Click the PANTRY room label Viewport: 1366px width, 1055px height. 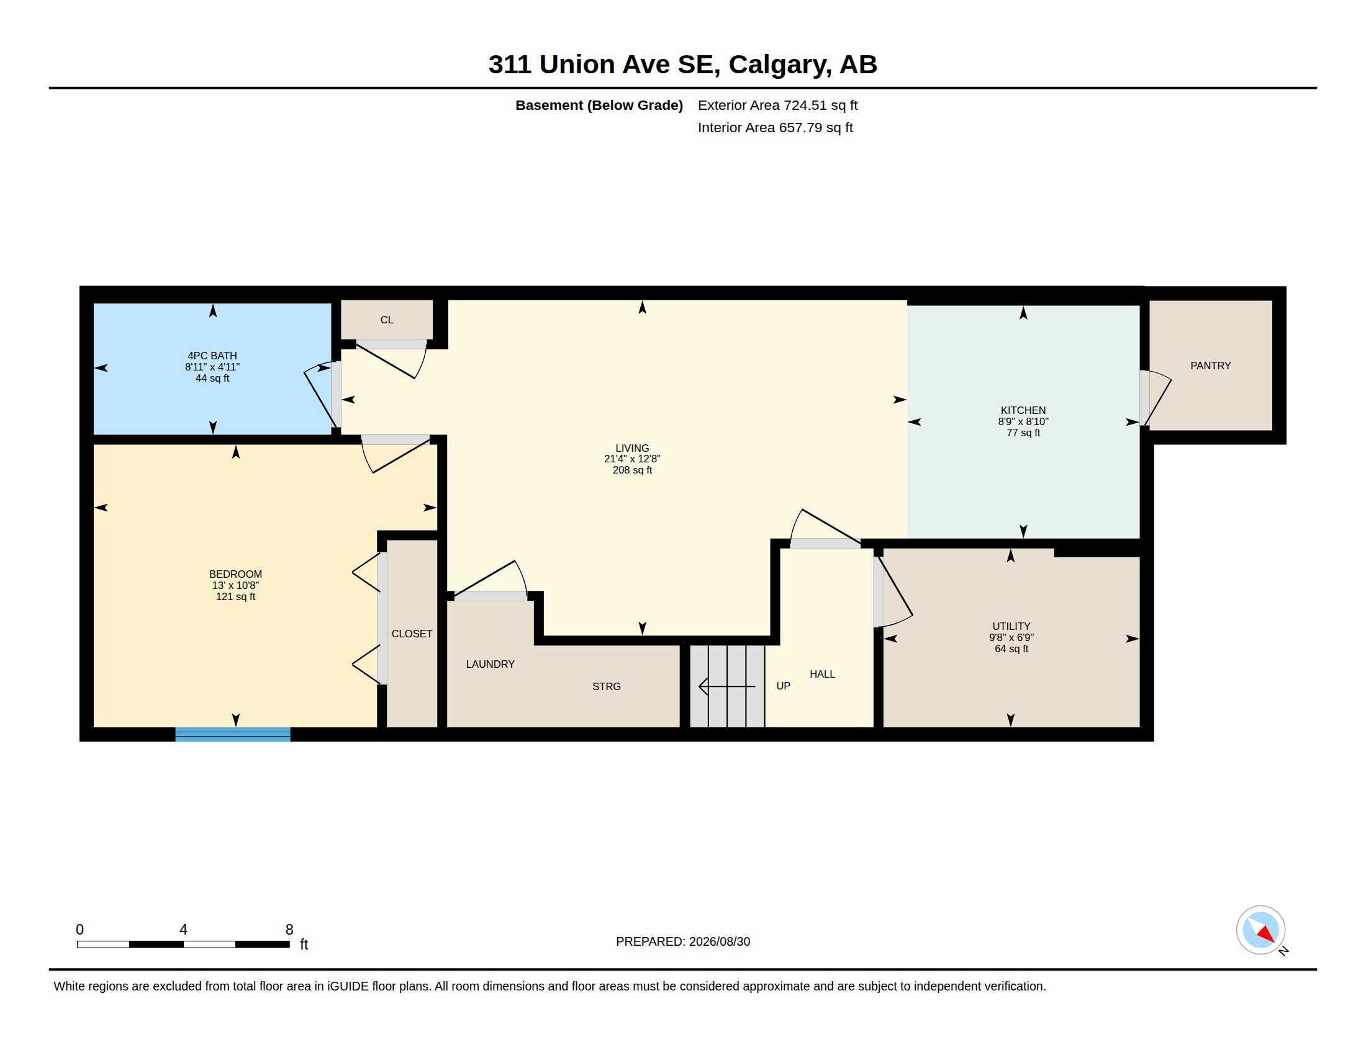1210,366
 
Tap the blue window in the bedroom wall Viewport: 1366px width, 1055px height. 233,734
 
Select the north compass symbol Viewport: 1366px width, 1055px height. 1261,930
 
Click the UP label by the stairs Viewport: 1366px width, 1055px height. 783,686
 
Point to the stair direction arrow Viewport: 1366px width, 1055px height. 727,686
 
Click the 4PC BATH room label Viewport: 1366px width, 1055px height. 212,356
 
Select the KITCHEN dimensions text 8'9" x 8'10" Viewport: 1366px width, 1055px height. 1023,422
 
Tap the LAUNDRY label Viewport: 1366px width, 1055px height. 491,664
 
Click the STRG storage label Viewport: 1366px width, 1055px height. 606,686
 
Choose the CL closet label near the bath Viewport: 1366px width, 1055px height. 387,320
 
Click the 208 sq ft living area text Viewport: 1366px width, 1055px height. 632,470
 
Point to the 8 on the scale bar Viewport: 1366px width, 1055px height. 289,930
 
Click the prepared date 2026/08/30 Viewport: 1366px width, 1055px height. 719,941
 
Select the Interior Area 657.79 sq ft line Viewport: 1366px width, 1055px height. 775,127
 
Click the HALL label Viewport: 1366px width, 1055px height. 822,674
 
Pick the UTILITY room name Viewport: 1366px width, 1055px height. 1011,626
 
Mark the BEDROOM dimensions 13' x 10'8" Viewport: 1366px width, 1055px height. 235,586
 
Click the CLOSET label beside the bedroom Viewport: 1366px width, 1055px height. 412,634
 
